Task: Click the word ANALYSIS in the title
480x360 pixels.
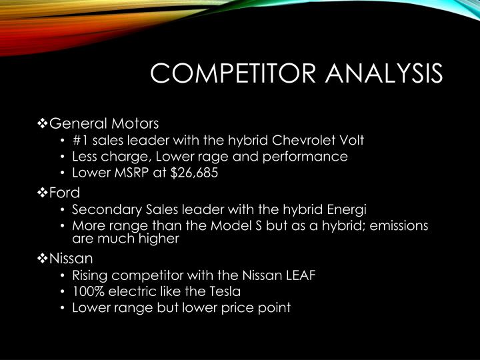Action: (x=385, y=73)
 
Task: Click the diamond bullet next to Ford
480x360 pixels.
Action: (x=43, y=193)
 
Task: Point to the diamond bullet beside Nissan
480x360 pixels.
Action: (x=43, y=257)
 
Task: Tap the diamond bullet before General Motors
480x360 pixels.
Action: (x=43, y=123)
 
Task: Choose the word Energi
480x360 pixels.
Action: (x=346, y=209)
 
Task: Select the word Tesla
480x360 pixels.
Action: (x=222, y=291)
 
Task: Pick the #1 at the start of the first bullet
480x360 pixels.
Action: (x=80, y=140)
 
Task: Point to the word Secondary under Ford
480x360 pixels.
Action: (x=103, y=209)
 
